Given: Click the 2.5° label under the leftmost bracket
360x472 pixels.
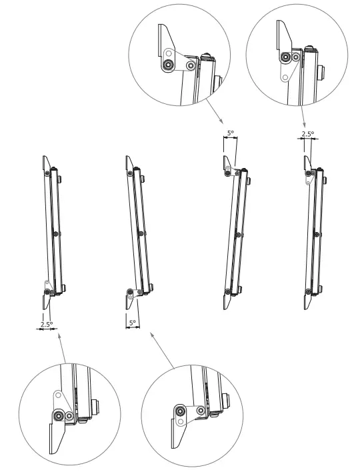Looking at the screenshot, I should click(46, 325).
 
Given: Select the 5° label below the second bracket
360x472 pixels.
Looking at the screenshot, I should click(132, 323).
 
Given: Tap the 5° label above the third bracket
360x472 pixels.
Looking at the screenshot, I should click(230, 133).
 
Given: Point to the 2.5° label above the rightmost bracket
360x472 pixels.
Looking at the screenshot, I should click(307, 134).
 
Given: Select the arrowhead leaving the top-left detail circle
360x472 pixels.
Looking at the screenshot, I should click(223, 122).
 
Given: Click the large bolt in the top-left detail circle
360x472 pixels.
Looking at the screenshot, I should click(169, 65).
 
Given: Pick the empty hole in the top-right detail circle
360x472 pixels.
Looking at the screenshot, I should click(285, 77).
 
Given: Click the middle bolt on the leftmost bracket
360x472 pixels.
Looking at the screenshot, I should click(55, 233).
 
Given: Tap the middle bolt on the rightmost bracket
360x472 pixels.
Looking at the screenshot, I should click(316, 233).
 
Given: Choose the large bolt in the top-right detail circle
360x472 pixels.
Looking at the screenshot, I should click(286, 58).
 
